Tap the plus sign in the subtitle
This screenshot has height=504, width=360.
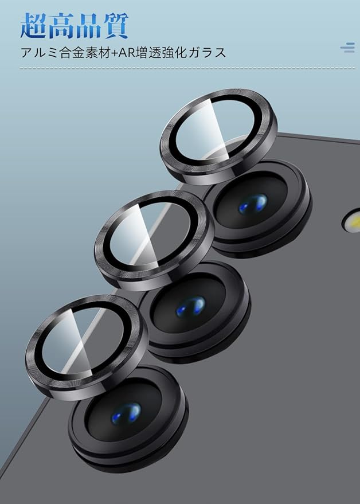(x=115, y=53)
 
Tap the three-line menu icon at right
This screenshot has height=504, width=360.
(x=348, y=47)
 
